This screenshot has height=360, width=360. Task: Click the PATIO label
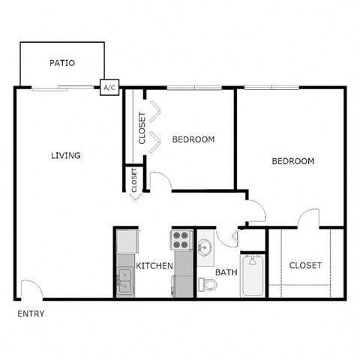coord(61,63)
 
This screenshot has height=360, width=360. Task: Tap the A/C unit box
coord(109,88)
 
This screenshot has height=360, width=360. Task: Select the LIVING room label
coord(65,156)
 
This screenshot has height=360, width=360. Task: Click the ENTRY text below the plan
coord(31,313)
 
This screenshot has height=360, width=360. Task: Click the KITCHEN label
coord(154,266)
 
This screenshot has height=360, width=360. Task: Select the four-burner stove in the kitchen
coord(181,239)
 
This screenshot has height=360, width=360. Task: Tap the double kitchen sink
coord(124,281)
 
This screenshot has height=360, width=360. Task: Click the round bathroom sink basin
coord(205,246)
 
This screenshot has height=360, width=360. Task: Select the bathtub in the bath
coord(253,277)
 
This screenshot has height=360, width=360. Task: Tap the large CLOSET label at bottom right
coord(304,265)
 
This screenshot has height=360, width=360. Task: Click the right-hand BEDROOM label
coord(292,161)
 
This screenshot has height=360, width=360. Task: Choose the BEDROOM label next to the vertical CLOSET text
coord(193,139)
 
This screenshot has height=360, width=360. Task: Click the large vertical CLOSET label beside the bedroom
coord(142,127)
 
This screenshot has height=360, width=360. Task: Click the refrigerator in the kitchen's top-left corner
coord(127,241)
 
